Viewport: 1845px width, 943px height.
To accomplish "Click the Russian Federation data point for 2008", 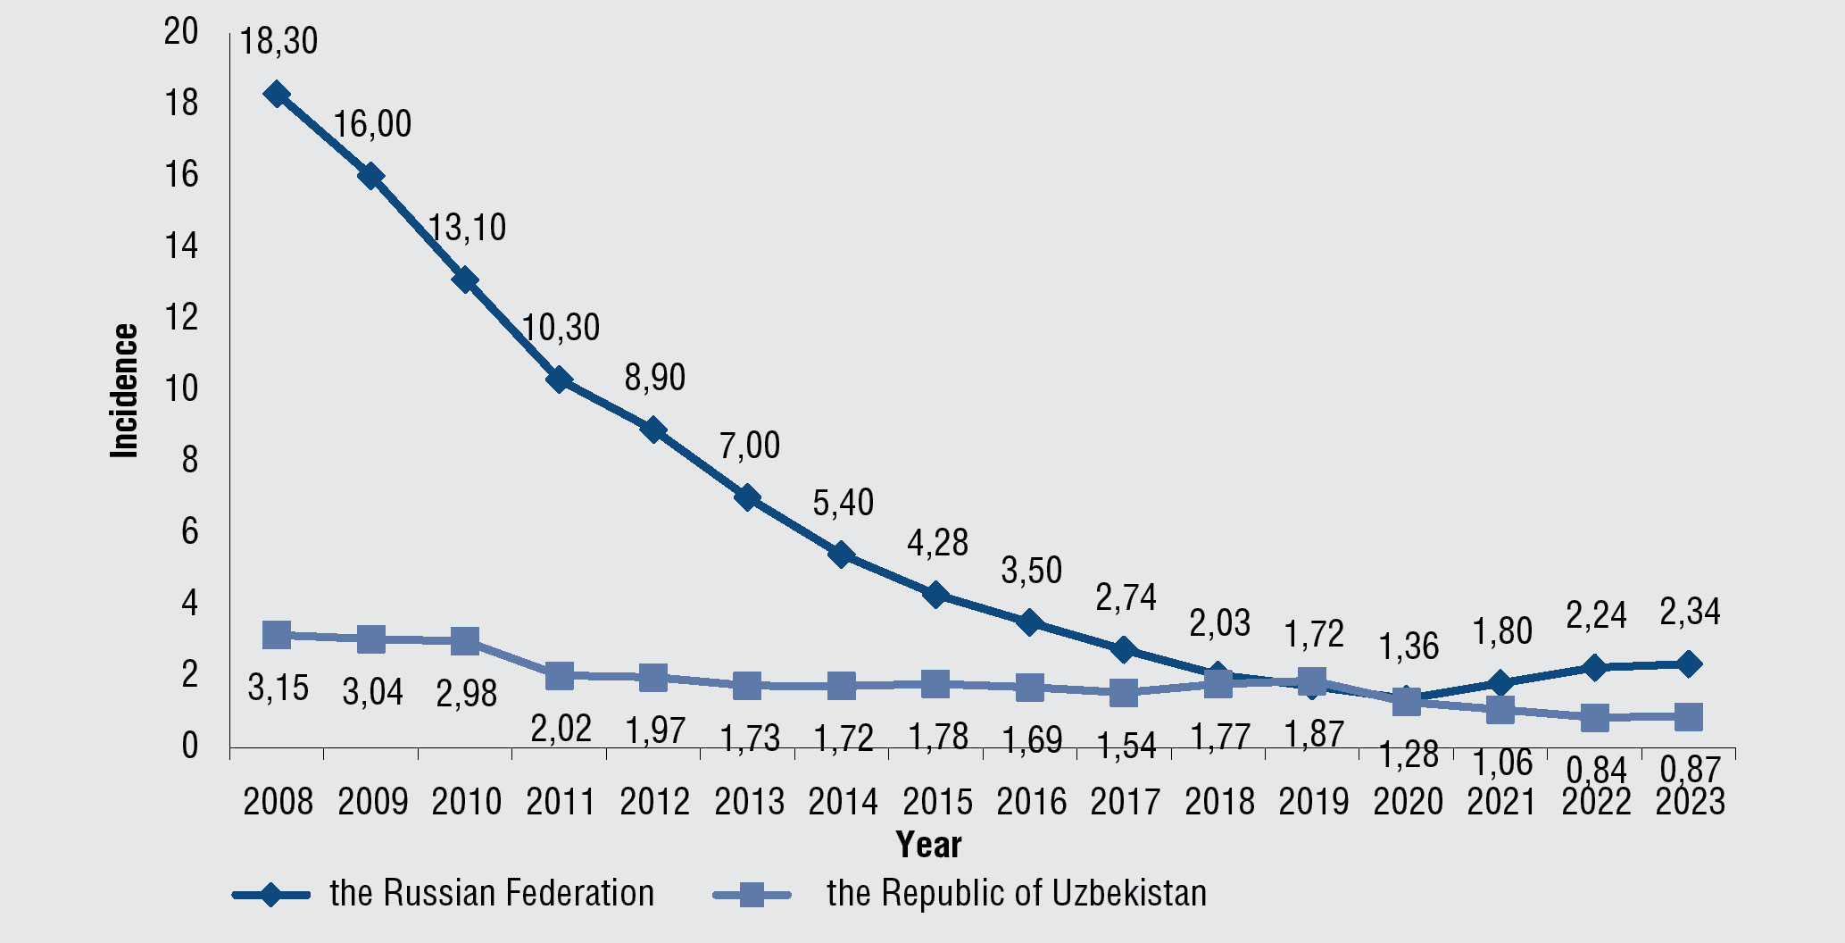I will point(277,94).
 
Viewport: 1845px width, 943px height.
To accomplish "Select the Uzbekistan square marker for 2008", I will point(277,635).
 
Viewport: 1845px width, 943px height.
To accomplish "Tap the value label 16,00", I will point(372,124).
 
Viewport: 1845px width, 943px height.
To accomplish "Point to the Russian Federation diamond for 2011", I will point(560,380).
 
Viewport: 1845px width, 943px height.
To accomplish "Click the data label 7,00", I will point(750,445).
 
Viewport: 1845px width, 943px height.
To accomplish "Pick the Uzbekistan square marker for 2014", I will point(843,686).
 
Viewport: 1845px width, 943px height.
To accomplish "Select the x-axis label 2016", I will point(1031,802).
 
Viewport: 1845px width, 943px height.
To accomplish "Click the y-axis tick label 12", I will point(181,317).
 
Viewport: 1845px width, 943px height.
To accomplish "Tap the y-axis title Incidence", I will point(125,391).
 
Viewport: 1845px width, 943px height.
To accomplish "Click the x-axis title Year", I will point(928,845).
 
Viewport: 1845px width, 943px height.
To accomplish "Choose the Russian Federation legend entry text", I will point(492,893).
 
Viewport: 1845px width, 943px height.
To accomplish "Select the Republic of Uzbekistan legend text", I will point(1016,893).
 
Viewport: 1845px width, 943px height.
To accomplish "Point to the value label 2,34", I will point(1690,613).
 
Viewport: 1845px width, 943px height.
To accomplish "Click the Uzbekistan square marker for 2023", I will point(1688,716).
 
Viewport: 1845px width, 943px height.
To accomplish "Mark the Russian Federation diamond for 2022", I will point(1594,667).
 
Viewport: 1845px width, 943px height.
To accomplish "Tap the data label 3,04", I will point(372,691).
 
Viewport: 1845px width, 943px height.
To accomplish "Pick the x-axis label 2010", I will point(466,802).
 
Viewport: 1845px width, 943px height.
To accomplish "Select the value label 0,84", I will point(1596,770).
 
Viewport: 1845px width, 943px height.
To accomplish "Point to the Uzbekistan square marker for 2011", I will point(560,675).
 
